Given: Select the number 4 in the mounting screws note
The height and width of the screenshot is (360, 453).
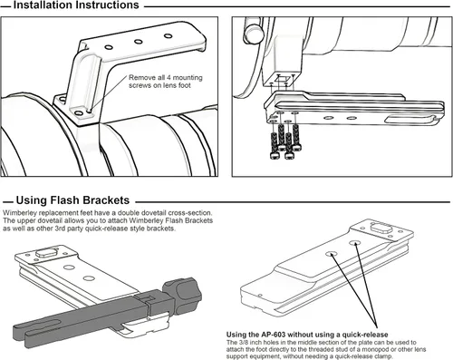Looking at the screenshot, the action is click(x=169, y=78).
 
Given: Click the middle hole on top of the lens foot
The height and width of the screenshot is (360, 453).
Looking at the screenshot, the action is click(x=139, y=42).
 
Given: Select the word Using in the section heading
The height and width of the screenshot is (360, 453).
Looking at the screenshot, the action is click(x=31, y=200).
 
